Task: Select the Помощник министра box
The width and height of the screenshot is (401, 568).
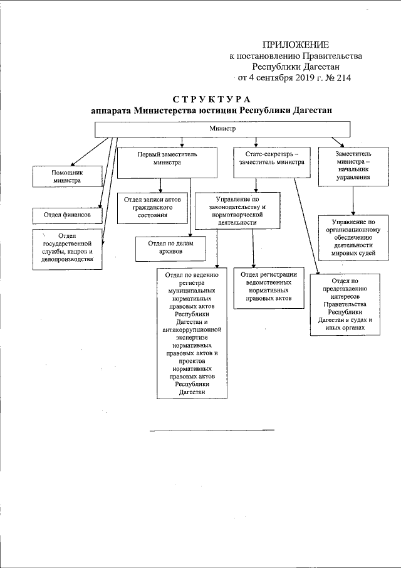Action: tap(68, 176)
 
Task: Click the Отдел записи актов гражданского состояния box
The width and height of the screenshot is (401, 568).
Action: tap(153, 208)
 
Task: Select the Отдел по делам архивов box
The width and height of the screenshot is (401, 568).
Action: tap(171, 248)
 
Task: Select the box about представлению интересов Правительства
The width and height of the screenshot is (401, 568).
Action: tap(345, 304)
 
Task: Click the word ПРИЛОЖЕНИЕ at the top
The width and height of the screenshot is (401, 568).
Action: tap(296, 44)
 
